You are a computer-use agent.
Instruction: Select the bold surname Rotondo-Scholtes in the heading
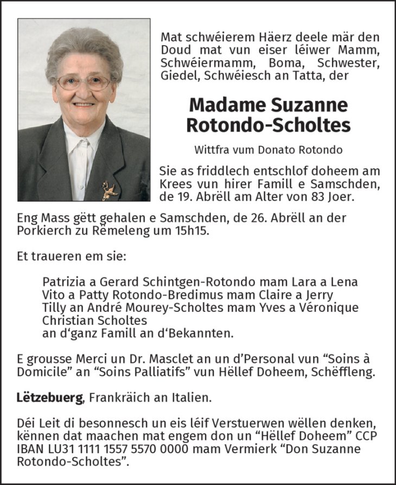click(x=268, y=125)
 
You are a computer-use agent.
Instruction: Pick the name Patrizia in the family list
click(x=62, y=282)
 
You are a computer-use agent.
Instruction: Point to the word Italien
click(x=191, y=398)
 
